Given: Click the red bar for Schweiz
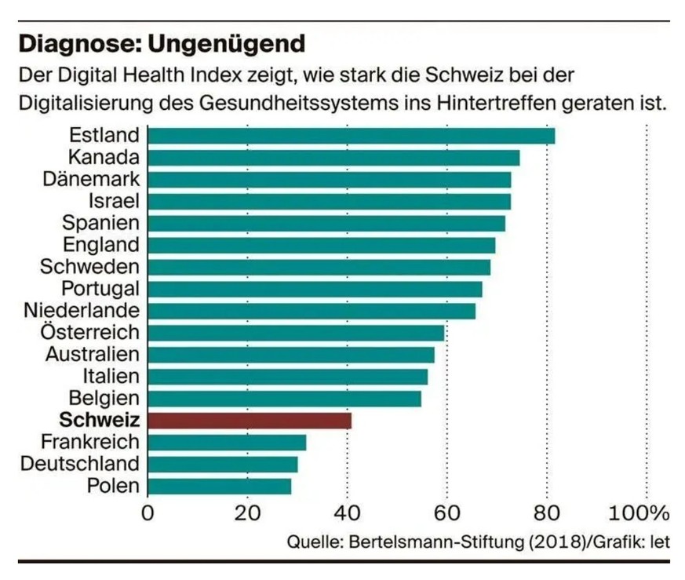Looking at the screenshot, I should point(250,421).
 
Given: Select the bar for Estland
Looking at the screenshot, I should point(351,136).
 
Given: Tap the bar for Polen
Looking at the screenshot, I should point(219,487).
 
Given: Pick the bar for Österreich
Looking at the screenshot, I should point(296,333).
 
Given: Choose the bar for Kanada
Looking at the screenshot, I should point(333,158).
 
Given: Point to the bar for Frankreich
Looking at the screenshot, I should point(227,443).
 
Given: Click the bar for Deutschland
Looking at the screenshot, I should point(223,465).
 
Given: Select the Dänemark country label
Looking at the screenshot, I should point(91,179).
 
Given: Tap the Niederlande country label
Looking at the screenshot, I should point(82,311).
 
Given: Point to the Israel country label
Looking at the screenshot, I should point(114,201).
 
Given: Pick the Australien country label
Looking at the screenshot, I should point(92,355).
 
